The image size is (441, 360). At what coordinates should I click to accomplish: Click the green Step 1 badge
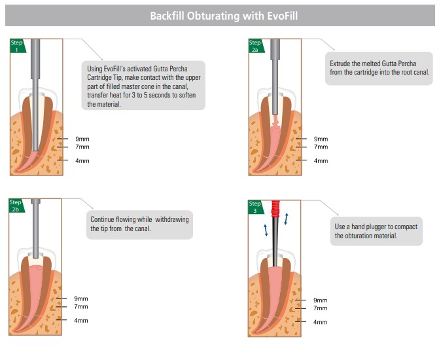click(x=17, y=46)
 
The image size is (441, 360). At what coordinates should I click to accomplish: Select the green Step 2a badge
click(x=255, y=46)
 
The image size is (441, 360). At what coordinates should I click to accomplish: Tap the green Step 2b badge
click(x=16, y=206)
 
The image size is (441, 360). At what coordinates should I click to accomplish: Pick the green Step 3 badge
click(x=255, y=207)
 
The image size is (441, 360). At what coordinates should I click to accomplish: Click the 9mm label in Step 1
click(x=82, y=139)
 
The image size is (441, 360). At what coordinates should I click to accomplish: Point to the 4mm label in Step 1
click(x=82, y=161)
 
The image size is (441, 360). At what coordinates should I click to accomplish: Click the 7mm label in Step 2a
click(x=321, y=147)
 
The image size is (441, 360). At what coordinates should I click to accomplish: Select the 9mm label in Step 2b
click(x=81, y=298)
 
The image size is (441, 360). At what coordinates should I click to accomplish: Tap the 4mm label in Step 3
click(x=320, y=322)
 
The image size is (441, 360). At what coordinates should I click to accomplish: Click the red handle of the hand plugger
click(x=275, y=211)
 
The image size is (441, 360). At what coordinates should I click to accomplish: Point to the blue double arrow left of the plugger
click(x=266, y=230)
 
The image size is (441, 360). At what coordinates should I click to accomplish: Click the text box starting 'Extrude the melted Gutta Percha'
click(x=379, y=68)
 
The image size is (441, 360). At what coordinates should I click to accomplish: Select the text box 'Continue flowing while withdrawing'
click(x=139, y=224)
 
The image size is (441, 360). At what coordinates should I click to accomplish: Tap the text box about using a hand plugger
click(x=376, y=231)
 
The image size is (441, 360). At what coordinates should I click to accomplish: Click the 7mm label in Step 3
click(x=320, y=308)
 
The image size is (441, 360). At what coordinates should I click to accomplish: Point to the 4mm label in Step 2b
click(x=81, y=321)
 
